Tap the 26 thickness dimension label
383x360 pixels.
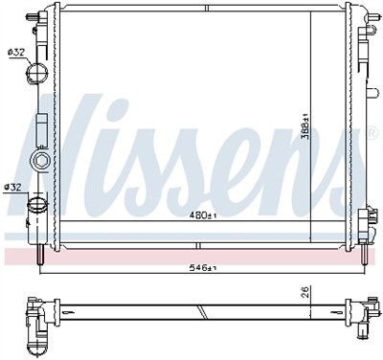pyautogui.click(x=304, y=292)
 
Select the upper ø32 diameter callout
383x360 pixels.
pyautogui.click(x=16, y=52)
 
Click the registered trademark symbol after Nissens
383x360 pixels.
pyautogui.click(x=372, y=133)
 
